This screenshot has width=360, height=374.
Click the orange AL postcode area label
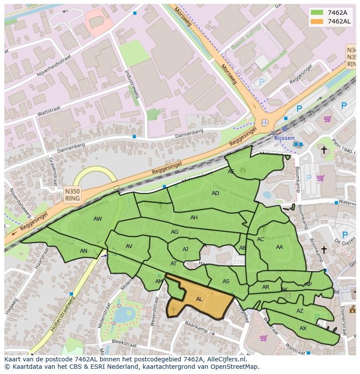tap(199, 299)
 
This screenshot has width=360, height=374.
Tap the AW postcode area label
tap(97, 219)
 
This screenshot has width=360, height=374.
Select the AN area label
tap(83, 251)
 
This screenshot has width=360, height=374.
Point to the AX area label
tap(303, 328)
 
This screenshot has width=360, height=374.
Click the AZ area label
tap(300, 311)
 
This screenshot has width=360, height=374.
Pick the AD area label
tap(215, 193)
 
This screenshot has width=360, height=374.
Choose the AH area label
tap(194, 218)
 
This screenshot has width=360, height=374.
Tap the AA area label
tap(280, 247)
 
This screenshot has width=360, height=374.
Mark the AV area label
tap(129, 246)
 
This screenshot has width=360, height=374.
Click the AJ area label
tap(185, 249)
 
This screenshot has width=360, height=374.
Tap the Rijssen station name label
tap(284, 138)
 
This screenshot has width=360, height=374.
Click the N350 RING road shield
tap(72, 195)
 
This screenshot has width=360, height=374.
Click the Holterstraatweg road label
tap(63, 314)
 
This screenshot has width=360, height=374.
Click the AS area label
tap(226, 281)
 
